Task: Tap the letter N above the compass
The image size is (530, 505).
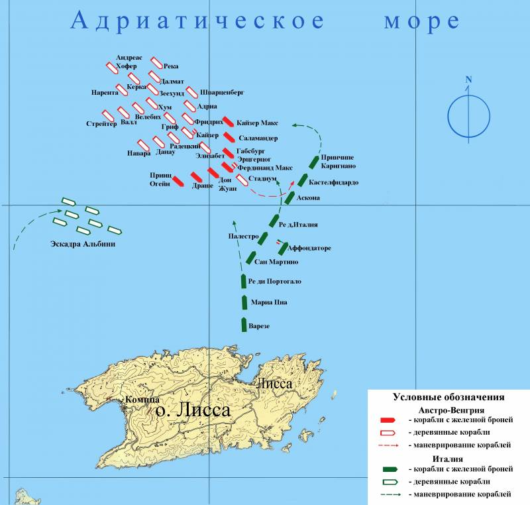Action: [468, 80]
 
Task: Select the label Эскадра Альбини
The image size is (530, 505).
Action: [83, 245]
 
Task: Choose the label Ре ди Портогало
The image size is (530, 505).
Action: [274, 282]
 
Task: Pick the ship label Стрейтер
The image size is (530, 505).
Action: [101, 123]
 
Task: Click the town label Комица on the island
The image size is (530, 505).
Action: [140, 400]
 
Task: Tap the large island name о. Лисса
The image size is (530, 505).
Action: [191, 411]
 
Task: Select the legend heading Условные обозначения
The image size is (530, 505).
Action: [449, 398]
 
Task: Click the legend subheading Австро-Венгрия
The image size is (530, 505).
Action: [448, 409]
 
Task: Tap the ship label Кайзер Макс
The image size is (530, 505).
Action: [257, 123]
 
